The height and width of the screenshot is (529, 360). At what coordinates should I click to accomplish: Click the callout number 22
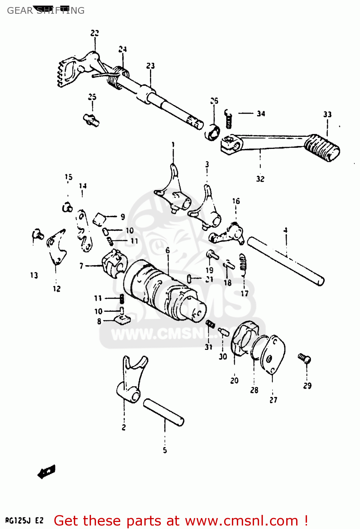click(x=95, y=33)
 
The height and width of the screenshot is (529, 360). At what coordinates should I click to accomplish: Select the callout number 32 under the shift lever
click(x=260, y=179)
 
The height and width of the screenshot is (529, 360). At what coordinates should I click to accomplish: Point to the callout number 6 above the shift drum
click(x=168, y=250)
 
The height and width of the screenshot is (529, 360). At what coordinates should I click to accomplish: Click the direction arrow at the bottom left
click(x=46, y=472)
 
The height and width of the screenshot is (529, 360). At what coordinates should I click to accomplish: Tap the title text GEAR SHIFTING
click(x=46, y=11)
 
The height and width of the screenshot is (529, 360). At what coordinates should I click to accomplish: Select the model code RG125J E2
click(x=24, y=521)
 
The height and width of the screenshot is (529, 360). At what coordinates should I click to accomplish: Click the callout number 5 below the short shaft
click(x=165, y=450)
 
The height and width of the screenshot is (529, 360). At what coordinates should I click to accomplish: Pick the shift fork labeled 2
click(x=131, y=381)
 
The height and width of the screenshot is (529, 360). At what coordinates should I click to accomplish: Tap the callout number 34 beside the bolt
click(x=261, y=114)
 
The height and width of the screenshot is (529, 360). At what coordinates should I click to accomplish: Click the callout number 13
click(x=34, y=275)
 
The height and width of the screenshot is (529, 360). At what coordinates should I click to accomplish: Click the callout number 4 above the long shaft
click(x=285, y=230)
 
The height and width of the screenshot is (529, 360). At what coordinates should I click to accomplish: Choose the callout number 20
click(x=234, y=381)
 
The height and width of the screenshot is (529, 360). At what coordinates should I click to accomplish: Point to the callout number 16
click(x=236, y=201)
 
